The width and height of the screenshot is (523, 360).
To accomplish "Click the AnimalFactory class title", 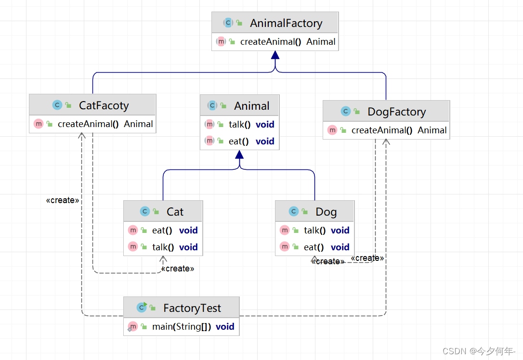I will [x=286, y=23].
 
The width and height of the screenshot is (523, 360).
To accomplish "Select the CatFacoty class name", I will [x=104, y=105].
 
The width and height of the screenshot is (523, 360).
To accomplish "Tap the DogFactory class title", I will [x=396, y=112].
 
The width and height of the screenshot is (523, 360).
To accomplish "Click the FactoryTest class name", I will [x=192, y=308].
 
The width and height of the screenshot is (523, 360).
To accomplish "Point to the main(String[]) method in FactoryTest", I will [x=182, y=327].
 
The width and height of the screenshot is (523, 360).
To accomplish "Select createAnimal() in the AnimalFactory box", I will [x=271, y=42].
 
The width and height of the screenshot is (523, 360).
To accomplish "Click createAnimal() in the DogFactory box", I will [x=382, y=130].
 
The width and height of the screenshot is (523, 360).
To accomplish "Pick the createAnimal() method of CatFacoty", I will [x=88, y=124].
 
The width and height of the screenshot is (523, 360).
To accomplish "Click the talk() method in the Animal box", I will [x=240, y=125].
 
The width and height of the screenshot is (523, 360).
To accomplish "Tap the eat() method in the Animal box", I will [x=238, y=141].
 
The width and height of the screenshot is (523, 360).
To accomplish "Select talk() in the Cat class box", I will [x=163, y=247].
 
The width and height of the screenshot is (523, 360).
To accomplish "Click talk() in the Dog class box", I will [x=315, y=231].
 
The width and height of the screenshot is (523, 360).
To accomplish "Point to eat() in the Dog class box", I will [x=314, y=247].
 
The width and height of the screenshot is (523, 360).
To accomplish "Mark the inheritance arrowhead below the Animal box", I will [x=239, y=154].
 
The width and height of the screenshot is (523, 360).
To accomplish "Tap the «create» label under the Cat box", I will [x=177, y=269].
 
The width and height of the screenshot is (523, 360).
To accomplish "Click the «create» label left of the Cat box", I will [x=63, y=200].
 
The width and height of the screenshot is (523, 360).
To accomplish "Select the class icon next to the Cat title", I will [x=145, y=211].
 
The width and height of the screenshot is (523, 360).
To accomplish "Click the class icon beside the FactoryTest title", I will [x=142, y=308].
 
